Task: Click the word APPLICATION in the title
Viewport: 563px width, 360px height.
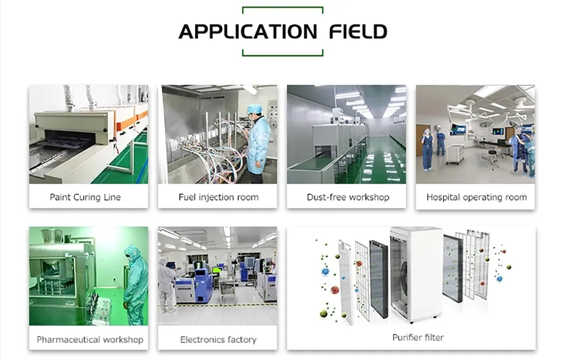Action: [x=248, y=32]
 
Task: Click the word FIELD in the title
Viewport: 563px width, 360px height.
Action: [x=358, y=32]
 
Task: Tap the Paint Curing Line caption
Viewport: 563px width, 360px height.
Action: [x=85, y=197]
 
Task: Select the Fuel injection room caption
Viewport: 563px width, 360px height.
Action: [x=218, y=197]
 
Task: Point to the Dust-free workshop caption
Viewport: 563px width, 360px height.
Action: [x=348, y=197]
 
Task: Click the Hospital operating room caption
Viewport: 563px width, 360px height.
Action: [x=476, y=197]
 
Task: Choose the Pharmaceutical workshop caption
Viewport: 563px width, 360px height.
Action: [x=90, y=339]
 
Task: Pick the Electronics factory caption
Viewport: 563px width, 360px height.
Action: [x=218, y=339]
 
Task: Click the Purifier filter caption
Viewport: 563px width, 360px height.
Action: [x=418, y=337]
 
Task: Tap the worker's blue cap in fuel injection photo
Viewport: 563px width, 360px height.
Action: [x=254, y=109]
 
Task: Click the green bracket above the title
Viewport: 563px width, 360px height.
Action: [x=283, y=8]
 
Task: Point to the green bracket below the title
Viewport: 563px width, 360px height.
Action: [x=283, y=54]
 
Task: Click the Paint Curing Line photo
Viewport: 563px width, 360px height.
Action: [x=89, y=134]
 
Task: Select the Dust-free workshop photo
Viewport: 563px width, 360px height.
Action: [x=346, y=134]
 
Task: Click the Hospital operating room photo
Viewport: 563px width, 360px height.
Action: [x=475, y=134]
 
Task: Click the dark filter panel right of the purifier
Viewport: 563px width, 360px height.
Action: [x=453, y=268]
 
